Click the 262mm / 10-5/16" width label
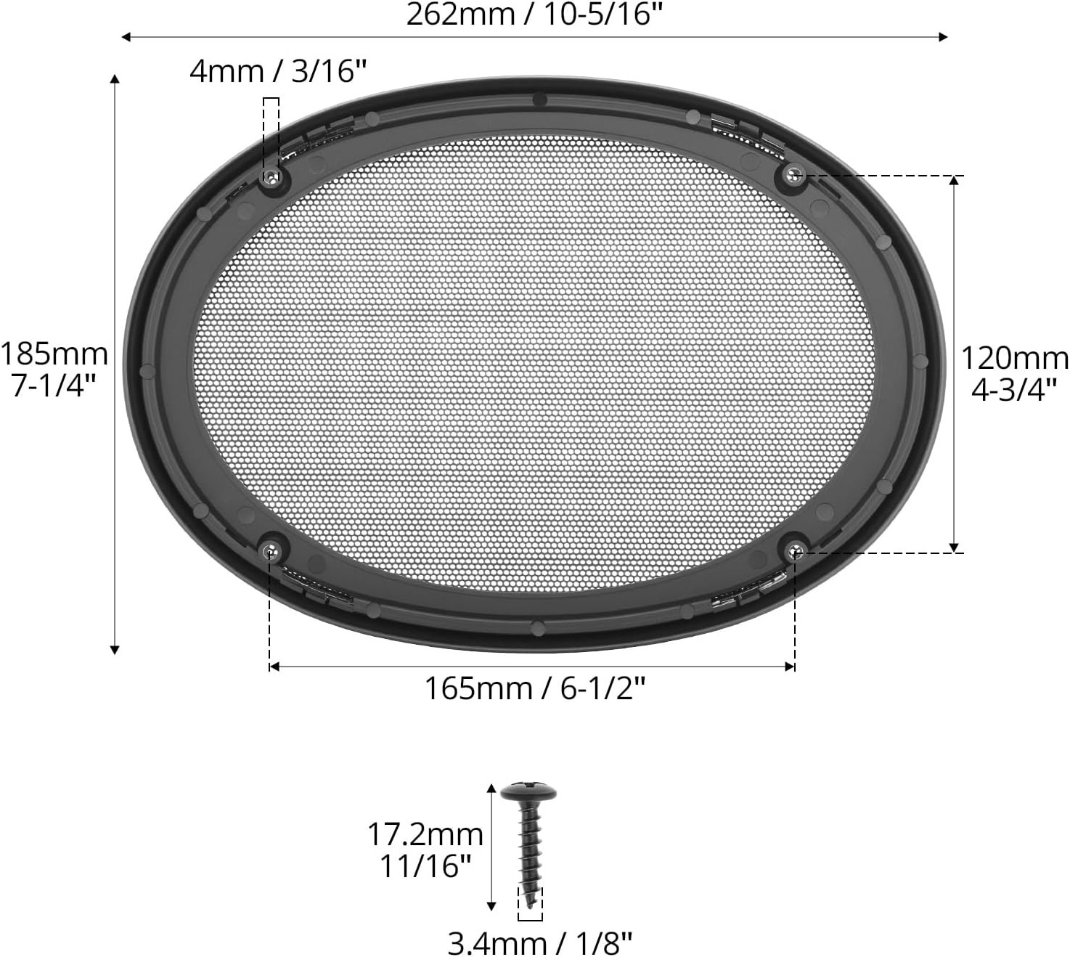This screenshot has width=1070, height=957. (534, 15)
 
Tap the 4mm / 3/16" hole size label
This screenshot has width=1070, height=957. (278, 72)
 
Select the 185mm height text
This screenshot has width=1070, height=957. (54, 354)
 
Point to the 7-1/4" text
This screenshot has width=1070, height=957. (54, 386)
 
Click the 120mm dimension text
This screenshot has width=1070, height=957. (1014, 358)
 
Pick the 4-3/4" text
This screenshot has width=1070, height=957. (1013, 390)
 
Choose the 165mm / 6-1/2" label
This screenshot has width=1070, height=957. (534, 688)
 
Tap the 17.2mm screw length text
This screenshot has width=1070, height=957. (425, 834)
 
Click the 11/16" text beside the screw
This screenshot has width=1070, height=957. (426, 866)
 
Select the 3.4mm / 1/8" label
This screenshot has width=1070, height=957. (540, 943)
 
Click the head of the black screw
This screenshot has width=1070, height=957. (529, 791)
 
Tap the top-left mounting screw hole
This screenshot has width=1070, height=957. (271, 176)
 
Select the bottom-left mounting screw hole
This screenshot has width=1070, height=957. (271, 550)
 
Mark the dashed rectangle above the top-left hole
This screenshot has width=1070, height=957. (271, 134)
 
